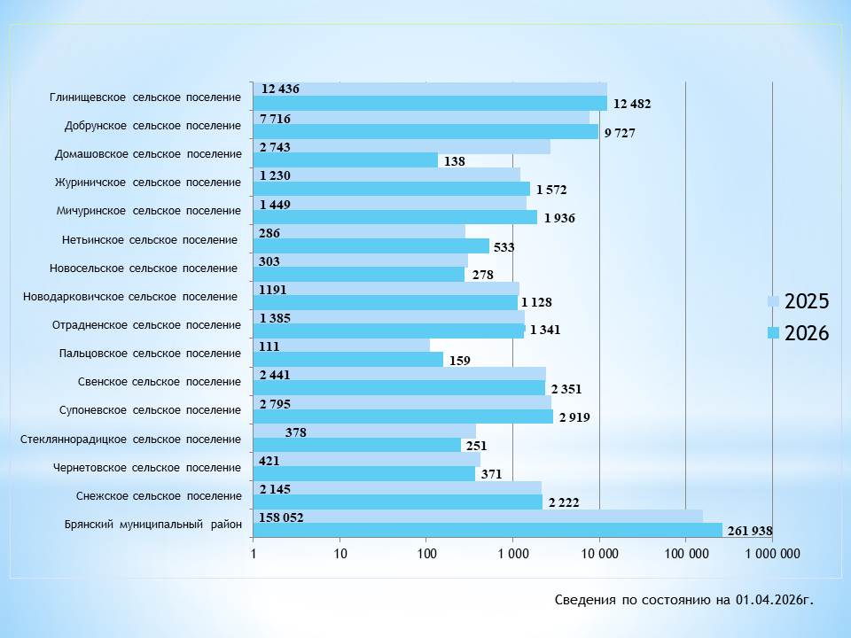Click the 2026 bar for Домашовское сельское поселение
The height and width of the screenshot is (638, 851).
(346, 160)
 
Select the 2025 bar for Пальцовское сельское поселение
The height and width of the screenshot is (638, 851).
(341, 345)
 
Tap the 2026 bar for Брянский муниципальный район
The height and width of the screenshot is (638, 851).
(488, 530)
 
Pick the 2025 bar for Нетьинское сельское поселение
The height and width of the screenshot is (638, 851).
(359, 231)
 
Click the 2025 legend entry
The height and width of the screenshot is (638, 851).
(799, 301)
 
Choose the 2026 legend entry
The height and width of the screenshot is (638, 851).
(799, 333)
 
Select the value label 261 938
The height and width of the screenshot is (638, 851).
(750, 532)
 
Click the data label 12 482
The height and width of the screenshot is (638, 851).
(632, 104)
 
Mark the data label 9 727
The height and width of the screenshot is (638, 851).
(620, 133)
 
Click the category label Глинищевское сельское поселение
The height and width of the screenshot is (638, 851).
(145, 97)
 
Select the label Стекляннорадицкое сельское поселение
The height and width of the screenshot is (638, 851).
(130, 439)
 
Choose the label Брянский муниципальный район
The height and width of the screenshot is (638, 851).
(152, 524)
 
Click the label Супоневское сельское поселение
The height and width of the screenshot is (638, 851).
(150, 410)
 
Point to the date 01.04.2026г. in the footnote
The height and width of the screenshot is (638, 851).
(774, 600)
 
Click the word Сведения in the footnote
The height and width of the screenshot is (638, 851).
(584, 600)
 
